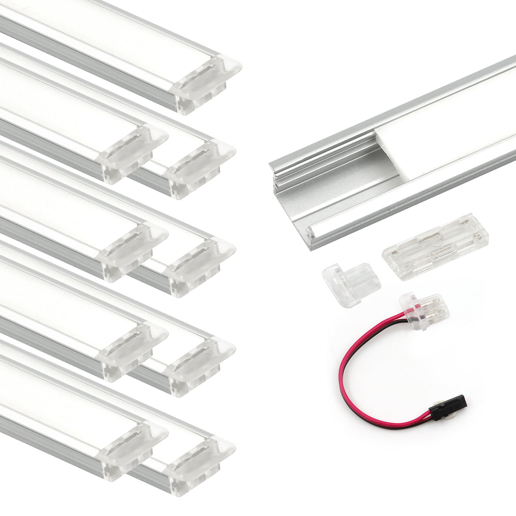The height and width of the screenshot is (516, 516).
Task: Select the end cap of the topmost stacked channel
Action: pos(206,83)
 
